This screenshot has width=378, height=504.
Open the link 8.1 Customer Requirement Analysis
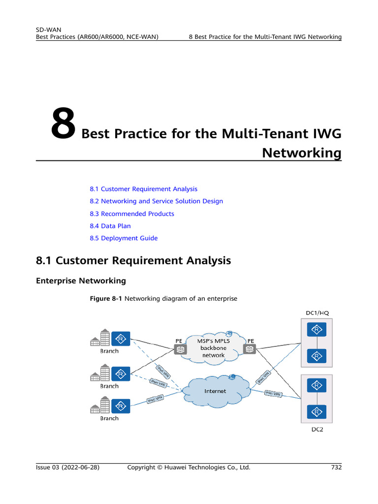(143, 189)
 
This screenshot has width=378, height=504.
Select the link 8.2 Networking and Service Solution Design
(156, 201)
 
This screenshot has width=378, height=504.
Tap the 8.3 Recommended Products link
(132, 214)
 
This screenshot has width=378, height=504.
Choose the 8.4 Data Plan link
(110, 226)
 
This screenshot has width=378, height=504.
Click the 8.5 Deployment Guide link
(124, 238)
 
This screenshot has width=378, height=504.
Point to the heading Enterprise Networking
(81, 281)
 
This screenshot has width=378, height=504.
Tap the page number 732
(336, 468)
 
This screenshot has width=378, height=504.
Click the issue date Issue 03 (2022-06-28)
(68, 468)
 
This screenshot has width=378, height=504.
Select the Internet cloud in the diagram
(215, 391)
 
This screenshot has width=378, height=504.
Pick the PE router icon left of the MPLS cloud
(180, 349)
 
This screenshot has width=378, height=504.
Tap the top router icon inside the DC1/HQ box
(317, 329)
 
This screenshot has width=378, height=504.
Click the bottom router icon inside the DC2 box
(317, 411)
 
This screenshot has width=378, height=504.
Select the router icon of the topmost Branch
(120, 339)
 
